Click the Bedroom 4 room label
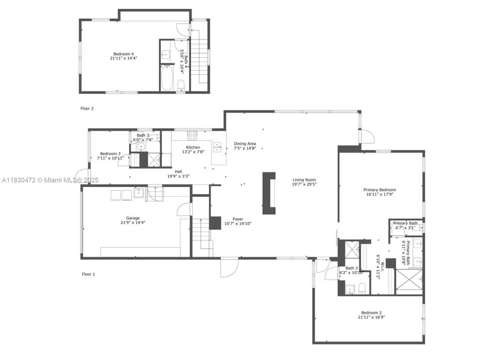pos(123,54)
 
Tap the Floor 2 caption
pos(87,108)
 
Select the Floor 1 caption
pos(88,274)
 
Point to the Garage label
pos(133,218)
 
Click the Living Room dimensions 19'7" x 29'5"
pos(304,184)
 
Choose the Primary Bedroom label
pos(380,190)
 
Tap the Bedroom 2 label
pos(371,313)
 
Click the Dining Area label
pos(245,144)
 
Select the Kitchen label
pos(193,148)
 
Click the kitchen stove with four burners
pos(192,135)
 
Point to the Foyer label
pos(238,219)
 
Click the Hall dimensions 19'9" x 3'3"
pos(178,176)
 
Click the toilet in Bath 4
pos(181,86)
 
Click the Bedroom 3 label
pos(110,154)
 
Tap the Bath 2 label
pos(351,268)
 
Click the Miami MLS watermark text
pos(50,180)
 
